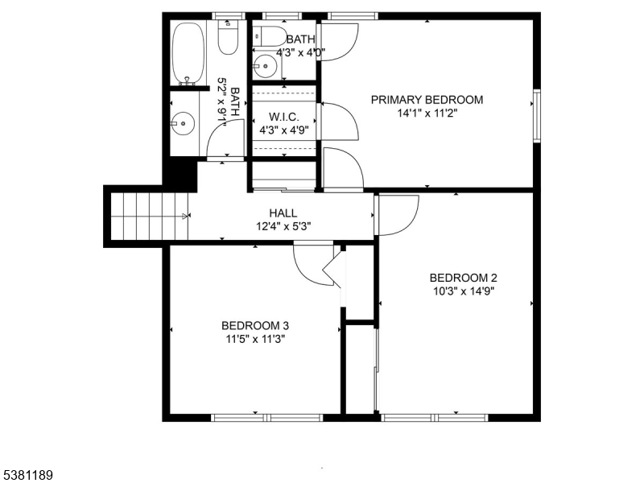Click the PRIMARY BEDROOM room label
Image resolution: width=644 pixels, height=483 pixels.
point(427,100)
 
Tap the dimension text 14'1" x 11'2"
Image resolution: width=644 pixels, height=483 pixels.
point(427,114)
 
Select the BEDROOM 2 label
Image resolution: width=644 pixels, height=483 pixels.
point(457,278)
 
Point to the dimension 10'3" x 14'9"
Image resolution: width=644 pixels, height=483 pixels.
point(457,291)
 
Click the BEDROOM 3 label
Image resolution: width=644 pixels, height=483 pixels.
point(255,325)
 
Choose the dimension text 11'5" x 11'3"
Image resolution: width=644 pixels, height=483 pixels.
point(255,339)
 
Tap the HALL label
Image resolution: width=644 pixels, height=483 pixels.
point(283,213)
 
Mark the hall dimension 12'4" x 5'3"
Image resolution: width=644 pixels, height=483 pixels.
point(283,226)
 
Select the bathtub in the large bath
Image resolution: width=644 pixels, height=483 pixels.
point(189,53)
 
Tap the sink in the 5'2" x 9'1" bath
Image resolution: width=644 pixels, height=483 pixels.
point(184,123)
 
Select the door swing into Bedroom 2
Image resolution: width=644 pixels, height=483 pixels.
point(397,216)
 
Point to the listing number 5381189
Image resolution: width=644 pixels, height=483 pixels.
point(28,476)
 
